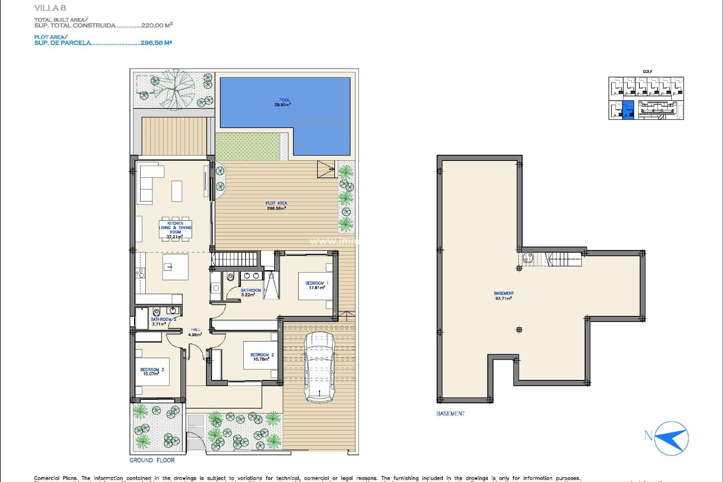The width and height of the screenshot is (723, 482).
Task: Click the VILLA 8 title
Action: [50, 8]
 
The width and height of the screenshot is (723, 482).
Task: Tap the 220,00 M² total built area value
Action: [157, 25]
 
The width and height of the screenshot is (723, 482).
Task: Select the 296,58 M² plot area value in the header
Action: [156, 43]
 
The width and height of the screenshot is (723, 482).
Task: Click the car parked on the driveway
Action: [319, 367]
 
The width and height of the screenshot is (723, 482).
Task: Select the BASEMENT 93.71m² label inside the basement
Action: [503, 296]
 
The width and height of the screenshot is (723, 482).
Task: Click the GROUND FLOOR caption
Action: [152, 460]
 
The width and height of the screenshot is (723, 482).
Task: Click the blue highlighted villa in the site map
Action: [628, 110]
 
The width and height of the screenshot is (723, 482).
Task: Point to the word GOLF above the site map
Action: [648, 72]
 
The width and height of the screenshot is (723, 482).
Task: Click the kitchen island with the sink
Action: [175, 267]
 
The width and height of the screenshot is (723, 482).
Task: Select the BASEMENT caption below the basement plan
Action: [450, 413]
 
